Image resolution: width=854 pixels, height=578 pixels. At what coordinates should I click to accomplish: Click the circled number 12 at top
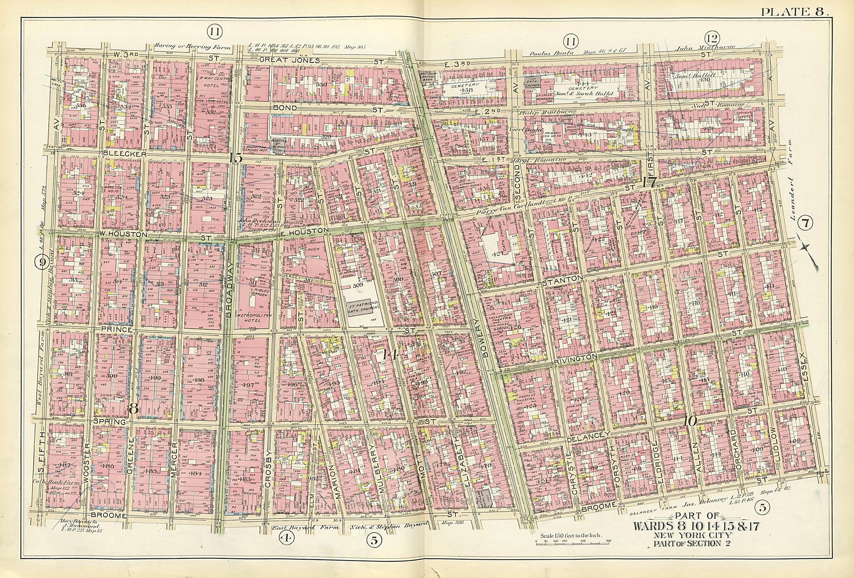[712, 40]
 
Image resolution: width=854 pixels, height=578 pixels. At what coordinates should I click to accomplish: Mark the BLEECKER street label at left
[124, 154]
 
